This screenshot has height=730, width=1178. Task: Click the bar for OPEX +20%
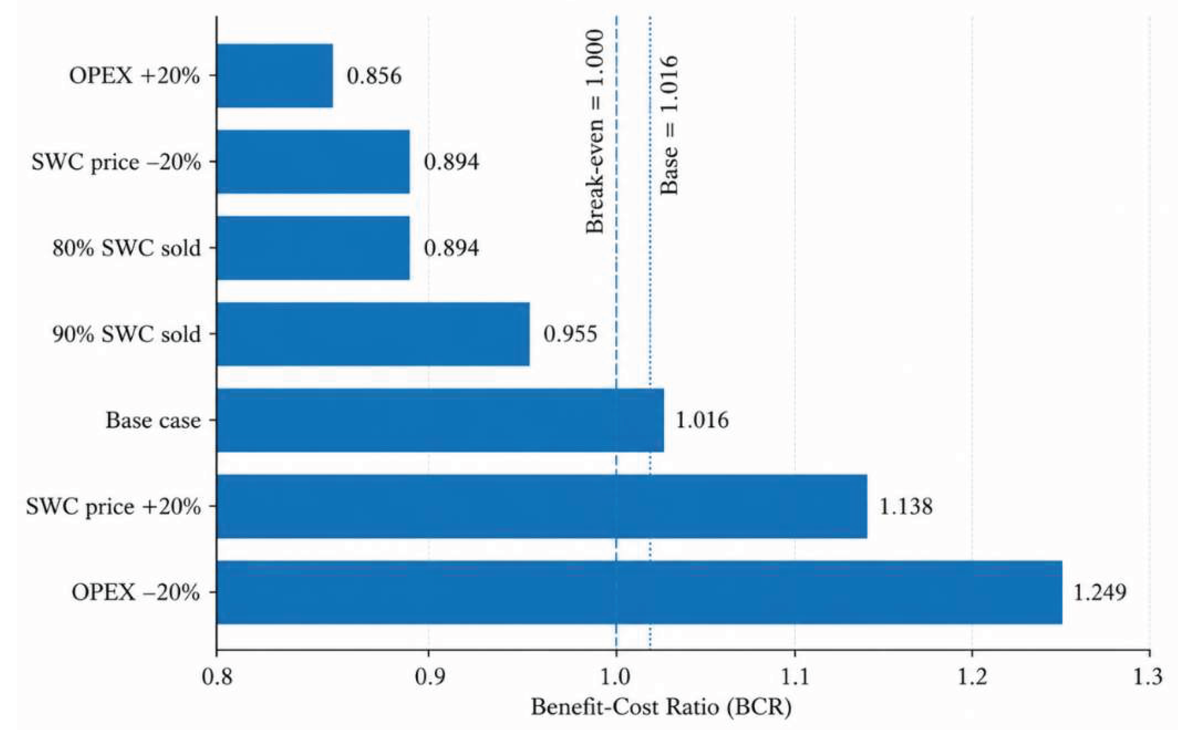point(275,76)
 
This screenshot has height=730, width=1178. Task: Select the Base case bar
point(440,420)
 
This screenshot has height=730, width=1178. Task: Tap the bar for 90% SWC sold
point(373,334)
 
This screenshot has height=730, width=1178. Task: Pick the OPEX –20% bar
point(640,592)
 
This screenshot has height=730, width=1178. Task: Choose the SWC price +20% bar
point(542,506)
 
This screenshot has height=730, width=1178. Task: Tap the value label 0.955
point(570,334)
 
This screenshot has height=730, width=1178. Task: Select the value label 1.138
point(906,506)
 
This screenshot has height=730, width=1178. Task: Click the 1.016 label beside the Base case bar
point(702,420)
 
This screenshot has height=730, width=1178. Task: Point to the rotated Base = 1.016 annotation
point(669,125)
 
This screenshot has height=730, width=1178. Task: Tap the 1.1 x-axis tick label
point(795,677)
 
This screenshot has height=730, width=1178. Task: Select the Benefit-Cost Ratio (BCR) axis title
point(662,708)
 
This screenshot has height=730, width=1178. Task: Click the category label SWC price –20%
point(116,163)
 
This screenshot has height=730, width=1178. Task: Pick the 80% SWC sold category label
point(126,248)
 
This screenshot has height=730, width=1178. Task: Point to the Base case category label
point(153,421)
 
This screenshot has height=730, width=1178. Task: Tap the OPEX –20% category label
point(136,592)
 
